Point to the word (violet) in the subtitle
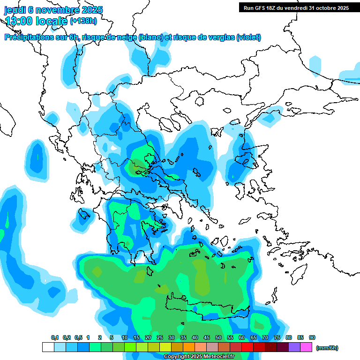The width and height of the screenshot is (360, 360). (248, 37)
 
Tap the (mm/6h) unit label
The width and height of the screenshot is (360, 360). (327, 348)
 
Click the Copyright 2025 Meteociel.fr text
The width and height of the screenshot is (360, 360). (199, 357)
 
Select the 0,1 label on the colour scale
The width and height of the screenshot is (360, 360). (55, 338)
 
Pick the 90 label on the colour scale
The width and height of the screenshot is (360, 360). (312, 338)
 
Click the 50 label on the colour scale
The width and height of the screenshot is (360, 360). (218, 338)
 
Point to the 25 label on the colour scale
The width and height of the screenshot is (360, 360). (160, 338)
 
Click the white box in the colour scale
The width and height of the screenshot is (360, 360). (48, 347)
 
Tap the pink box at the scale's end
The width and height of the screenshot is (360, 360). (306, 347)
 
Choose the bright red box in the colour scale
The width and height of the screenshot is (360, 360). (247, 347)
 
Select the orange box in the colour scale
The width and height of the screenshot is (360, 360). (189, 347)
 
